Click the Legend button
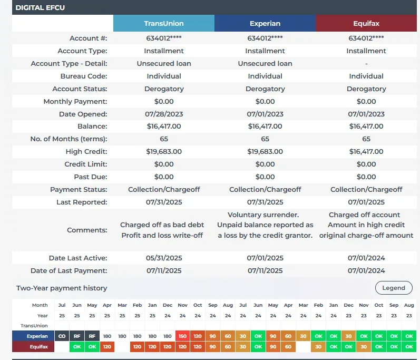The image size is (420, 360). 394,288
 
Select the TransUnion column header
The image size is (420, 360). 164,24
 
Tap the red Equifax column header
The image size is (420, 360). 366,24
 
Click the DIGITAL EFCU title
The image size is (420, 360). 40,8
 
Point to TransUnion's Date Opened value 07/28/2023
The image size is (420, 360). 164,114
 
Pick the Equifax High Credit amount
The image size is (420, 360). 366,152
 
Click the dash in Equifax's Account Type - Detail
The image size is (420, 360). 366,63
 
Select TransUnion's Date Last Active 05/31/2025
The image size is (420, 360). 164,258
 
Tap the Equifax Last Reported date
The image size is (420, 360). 366,202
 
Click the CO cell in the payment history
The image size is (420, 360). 62,336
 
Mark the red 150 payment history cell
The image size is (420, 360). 183,336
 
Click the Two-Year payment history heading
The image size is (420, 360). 62,288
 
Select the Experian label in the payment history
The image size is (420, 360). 34,336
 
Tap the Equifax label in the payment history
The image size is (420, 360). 34,347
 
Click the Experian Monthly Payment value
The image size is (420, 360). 265,101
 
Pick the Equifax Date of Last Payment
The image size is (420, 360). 366,270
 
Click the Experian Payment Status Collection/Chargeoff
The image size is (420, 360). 265,190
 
